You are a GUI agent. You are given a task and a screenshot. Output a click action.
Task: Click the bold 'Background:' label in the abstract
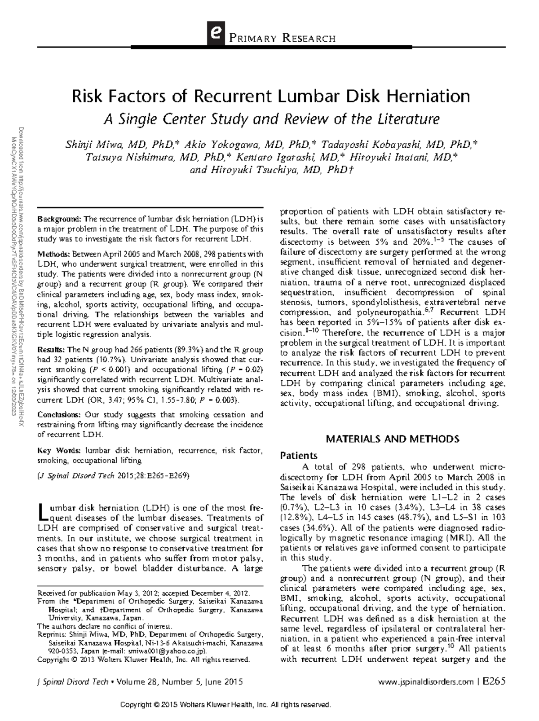coord(60,219)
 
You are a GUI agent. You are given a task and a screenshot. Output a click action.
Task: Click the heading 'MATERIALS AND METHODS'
coord(392,439)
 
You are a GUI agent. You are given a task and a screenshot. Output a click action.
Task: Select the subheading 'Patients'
coord(299,456)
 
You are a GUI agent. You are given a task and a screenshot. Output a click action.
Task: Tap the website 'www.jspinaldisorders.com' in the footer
coord(426,682)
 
